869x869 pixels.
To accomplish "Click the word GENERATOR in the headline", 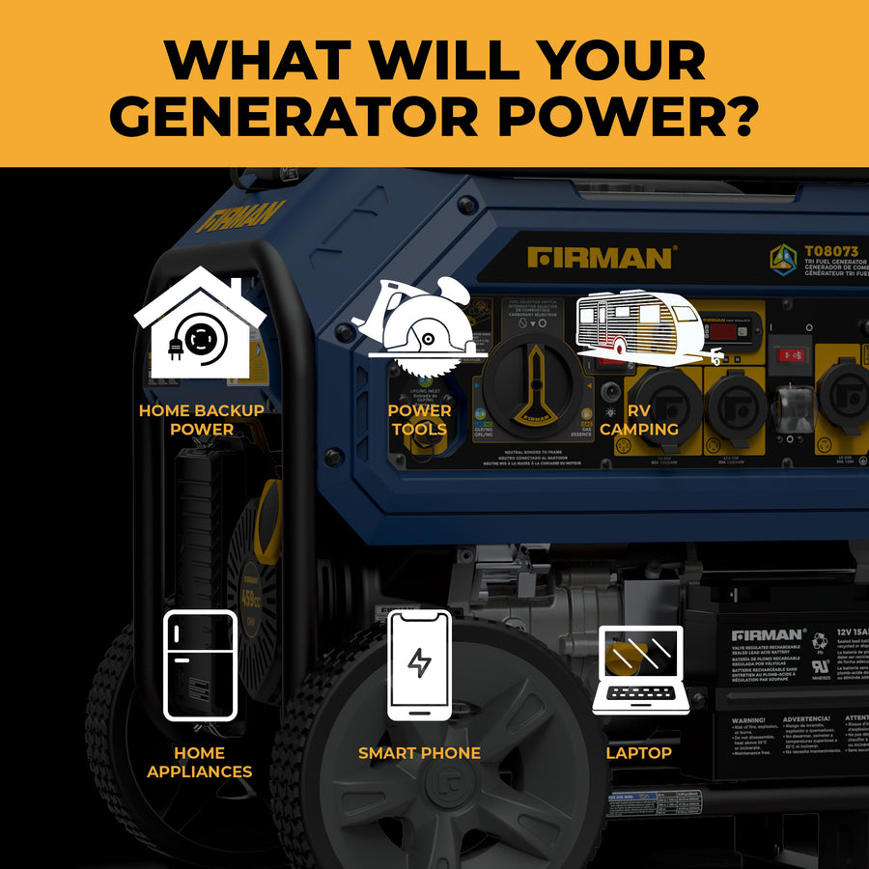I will pyautogui.click(x=309, y=117).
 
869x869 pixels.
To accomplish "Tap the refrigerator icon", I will pyautogui.click(x=200, y=665).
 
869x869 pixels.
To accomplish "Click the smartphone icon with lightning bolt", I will pyautogui.click(x=419, y=665).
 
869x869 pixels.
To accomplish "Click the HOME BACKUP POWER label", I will pyautogui.click(x=202, y=420).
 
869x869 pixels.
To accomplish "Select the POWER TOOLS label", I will pyautogui.click(x=419, y=420).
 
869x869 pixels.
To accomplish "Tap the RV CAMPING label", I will pyautogui.click(x=639, y=420).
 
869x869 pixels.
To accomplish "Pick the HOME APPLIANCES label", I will pyautogui.click(x=200, y=762).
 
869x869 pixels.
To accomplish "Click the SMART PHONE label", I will pyautogui.click(x=419, y=753).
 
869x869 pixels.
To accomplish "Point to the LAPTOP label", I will pyautogui.click(x=639, y=753).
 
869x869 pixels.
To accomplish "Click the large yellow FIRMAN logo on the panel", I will pyautogui.click(x=601, y=258).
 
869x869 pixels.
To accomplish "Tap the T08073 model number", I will pyautogui.click(x=830, y=252).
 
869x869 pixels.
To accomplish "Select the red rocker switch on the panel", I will pyautogui.click(x=794, y=354).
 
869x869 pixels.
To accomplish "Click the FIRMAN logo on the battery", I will pyautogui.click(x=769, y=636).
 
